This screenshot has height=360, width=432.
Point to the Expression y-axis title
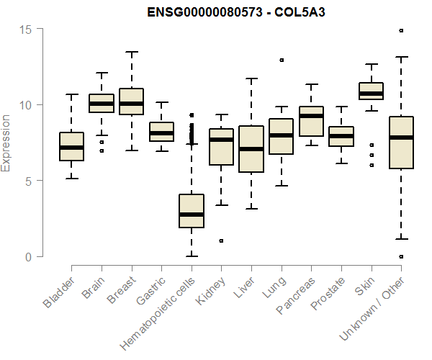6,143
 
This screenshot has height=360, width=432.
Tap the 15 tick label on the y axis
27,29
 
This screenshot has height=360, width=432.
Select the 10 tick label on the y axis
27,104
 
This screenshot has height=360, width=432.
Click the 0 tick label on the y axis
30,256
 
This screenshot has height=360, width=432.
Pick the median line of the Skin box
371,93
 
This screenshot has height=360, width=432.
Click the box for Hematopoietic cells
192,210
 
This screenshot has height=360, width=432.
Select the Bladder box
71,146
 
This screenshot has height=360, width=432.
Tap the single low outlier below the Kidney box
221,240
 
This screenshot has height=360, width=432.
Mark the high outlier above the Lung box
282,60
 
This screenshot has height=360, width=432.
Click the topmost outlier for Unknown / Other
401,30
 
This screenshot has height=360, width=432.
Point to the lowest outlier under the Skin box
372,165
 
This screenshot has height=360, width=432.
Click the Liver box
251,149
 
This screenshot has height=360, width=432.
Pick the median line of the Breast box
131,104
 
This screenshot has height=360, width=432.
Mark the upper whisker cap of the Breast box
131,52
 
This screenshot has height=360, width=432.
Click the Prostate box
341,136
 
